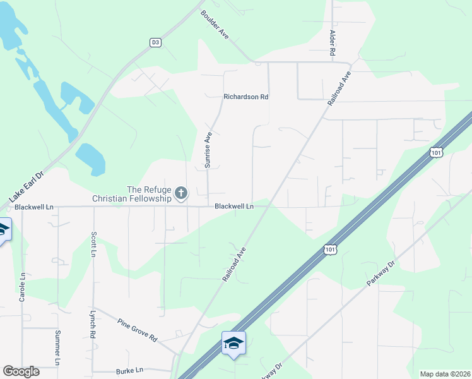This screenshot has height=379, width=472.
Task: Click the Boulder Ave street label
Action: pyautogui.click(x=215, y=25)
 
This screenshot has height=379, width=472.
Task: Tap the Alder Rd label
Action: pyautogui.click(x=331, y=43)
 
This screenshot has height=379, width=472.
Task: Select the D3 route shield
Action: pyautogui.click(x=155, y=42)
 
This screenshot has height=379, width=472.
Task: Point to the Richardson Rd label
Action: pyautogui.click(x=246, y=97)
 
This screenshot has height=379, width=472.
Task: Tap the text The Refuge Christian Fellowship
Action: pyautogui.click(x=132, y=194)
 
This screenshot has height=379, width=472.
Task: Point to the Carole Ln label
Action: pyautogui.click(x=22, y=286)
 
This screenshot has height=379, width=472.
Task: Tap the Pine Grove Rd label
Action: pyautogui.click(x=137, y=330)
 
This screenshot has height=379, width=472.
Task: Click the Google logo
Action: pyautogui.click(x=21, y=371)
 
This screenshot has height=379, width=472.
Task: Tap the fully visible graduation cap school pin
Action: pyautogui.click(x=233, y=344)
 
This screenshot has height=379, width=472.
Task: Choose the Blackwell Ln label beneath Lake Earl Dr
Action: pyautogui.click(x=34, y=207)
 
